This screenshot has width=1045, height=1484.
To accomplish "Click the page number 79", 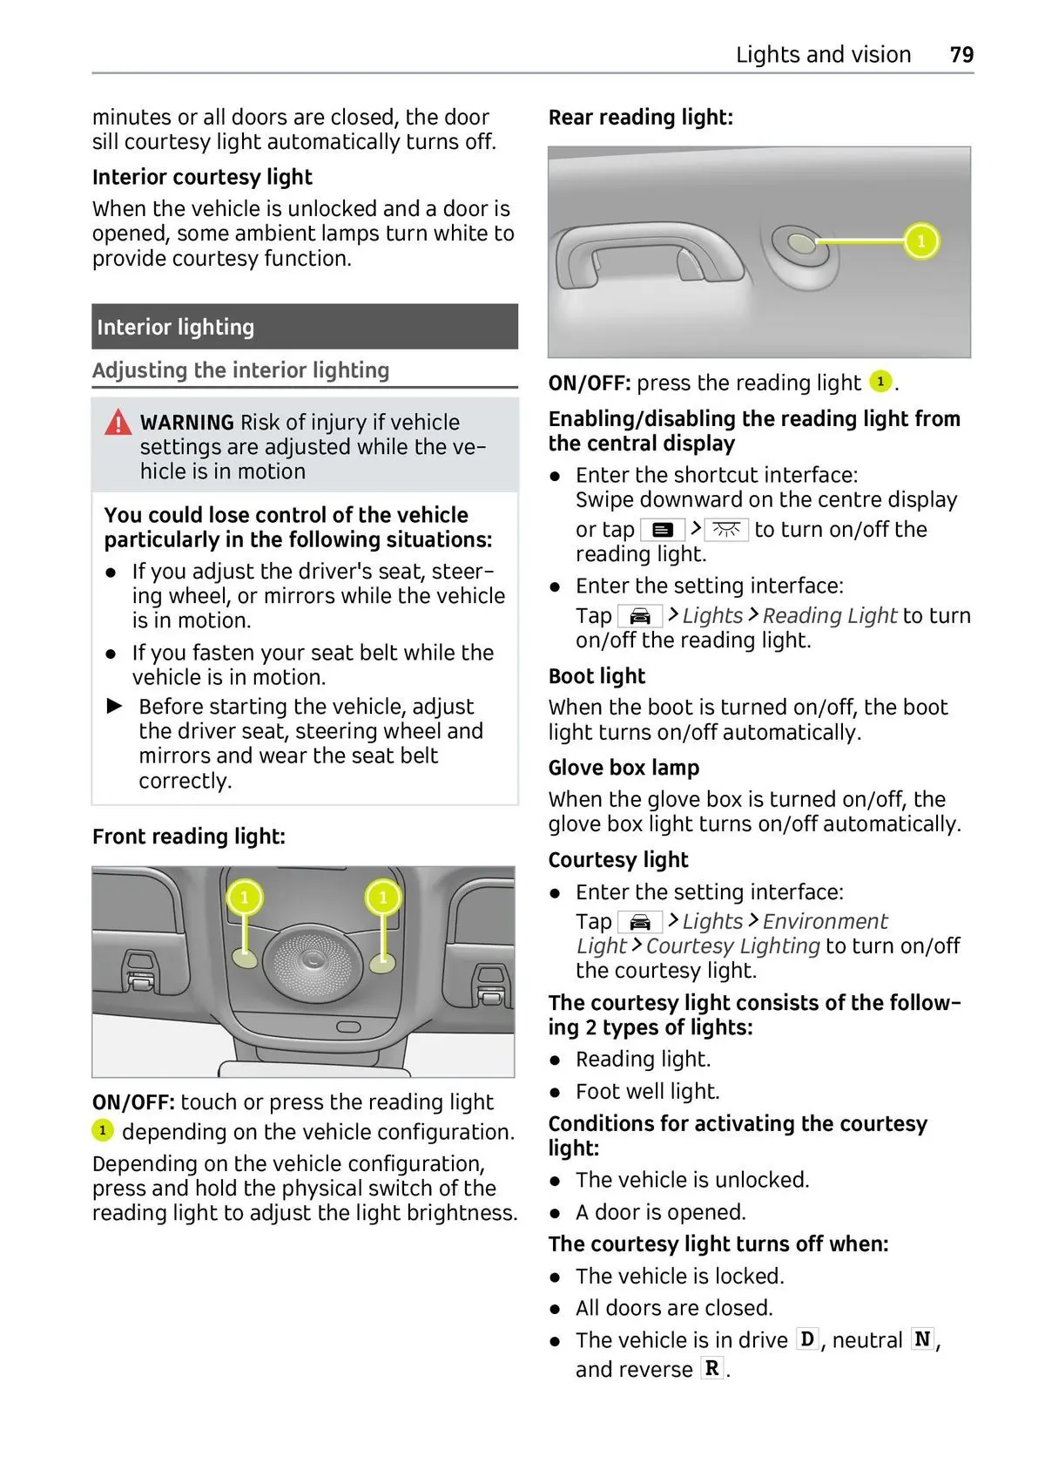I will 961,55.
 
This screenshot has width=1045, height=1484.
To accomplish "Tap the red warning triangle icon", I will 118,423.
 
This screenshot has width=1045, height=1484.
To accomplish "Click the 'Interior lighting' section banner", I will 305,327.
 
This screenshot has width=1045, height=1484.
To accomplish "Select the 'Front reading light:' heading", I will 189,837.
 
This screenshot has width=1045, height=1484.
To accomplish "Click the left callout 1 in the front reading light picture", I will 245,898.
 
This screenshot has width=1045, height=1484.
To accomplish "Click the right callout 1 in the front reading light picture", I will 383,898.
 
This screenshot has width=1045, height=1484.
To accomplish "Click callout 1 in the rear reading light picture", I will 921,241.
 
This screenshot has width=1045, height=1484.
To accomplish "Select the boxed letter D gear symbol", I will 808,1339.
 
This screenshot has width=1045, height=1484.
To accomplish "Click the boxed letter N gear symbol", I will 922,1339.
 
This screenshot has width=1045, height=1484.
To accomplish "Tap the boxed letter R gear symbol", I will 711,1369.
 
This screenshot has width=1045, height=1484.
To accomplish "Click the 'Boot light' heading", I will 597,676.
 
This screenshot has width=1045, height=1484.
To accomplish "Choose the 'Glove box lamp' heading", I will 624,768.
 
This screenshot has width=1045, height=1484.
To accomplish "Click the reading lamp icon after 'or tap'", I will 726,530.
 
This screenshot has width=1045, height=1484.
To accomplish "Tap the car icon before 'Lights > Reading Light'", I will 639,616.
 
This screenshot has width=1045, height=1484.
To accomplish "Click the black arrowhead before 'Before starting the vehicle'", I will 115,706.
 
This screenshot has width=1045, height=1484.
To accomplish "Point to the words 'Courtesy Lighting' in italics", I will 732,946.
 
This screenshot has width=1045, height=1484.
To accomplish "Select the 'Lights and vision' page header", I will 823,55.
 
